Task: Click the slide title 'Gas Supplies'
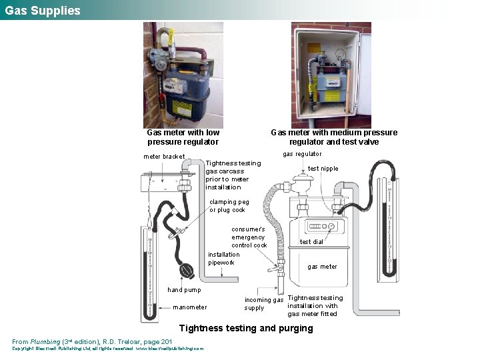42,11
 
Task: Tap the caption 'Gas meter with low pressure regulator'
183,137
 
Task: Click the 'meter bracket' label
165,157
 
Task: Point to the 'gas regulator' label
302,154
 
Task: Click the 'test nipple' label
323,169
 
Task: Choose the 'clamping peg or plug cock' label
229,206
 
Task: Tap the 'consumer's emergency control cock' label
249,237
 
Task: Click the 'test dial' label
311,242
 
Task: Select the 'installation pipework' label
223,258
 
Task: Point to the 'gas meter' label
322,267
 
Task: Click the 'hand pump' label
184,290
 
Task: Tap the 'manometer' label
189,307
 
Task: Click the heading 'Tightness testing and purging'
246,328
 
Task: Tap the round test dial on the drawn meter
331,227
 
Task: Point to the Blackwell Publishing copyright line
107,349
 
